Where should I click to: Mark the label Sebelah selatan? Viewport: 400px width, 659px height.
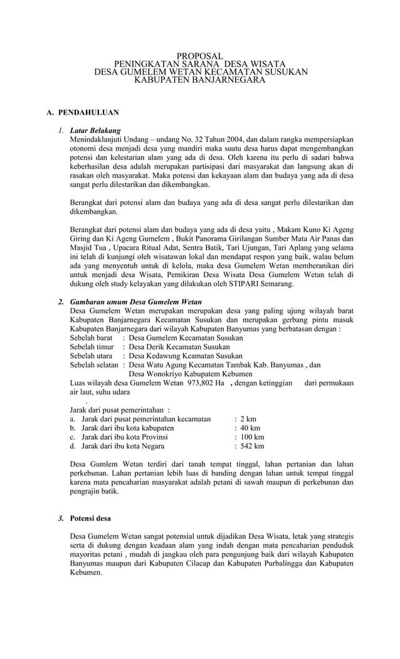click(x=94, y=364)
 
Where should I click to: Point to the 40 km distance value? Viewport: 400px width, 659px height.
click(x=249, y=428)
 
